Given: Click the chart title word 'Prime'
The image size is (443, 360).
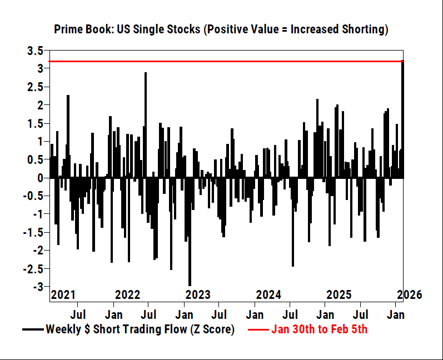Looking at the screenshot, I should [x=68, y=29].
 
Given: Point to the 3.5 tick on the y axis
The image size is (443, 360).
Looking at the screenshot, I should [x=35, y=51].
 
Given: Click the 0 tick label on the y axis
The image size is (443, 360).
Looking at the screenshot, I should [x=40, y=178].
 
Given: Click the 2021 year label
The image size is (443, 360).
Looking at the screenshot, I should [x=63, y=295].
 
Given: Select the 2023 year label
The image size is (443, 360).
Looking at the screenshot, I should [x=198, y=295].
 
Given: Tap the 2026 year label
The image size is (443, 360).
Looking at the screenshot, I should [x=410, y=295].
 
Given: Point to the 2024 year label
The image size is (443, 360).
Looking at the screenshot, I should [x=268, y=295].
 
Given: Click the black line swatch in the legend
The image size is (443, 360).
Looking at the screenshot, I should [x=32, y=329].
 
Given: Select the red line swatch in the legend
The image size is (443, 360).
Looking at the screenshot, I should [x=257, y=329].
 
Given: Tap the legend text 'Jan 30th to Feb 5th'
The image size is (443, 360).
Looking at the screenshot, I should [x=319, y=329].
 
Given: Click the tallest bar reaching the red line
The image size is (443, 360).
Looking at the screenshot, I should [x=402, y=119].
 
